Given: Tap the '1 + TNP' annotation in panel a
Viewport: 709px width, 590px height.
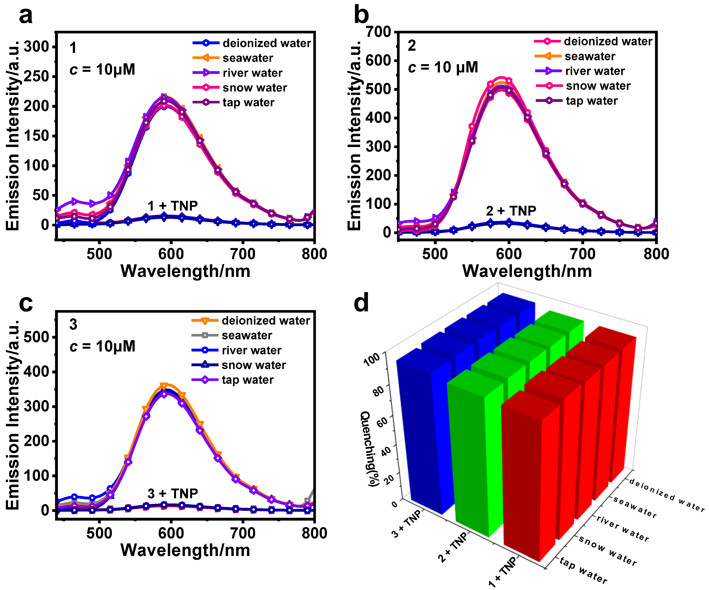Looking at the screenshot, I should [173, 206].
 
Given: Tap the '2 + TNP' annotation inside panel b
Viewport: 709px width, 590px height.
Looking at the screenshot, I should [511, 211].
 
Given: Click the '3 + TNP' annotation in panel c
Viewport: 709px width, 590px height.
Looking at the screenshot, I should [173, 494].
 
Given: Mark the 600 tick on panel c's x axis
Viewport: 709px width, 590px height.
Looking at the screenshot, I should [171, 533].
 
